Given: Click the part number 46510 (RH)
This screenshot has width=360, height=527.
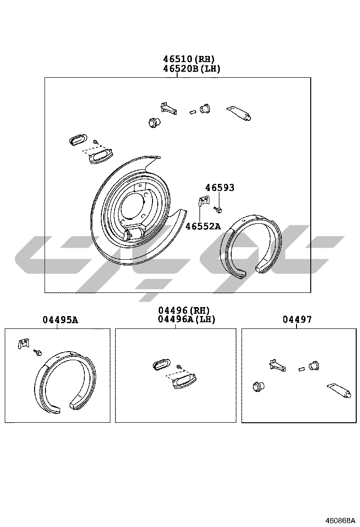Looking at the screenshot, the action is (189, 59).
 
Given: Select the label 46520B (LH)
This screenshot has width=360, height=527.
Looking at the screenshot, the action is (191, 69).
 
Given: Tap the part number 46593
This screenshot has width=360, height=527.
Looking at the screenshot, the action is (220, 188).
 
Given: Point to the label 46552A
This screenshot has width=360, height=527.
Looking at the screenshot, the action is (203, 226).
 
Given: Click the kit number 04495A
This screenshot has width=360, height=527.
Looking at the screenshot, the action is (60, 319).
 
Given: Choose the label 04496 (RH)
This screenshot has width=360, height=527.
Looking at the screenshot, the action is (184, 310).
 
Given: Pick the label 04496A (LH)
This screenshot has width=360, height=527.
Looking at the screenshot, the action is (186, 319).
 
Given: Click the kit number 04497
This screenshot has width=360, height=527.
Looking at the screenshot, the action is (297, 319).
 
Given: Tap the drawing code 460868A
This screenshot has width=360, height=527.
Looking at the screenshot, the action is (339, 521).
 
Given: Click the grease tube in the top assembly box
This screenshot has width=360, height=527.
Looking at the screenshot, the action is (239, 113).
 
